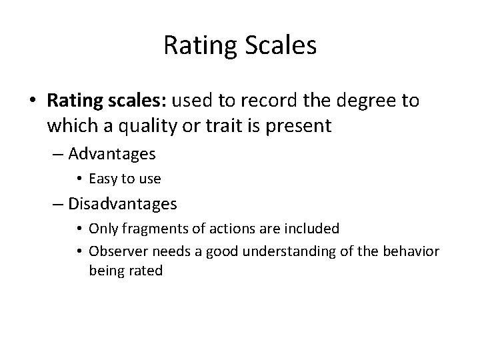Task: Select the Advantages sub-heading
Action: coord(111,154)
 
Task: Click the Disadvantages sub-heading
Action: coord(121,202)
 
